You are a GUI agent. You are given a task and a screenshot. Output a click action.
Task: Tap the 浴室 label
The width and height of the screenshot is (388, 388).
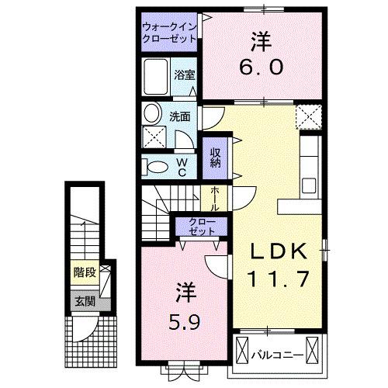(183, 75)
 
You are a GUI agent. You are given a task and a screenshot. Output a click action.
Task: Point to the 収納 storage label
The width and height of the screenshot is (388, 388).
(214, 156)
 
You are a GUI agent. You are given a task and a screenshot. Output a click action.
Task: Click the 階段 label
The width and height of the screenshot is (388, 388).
(84, 272)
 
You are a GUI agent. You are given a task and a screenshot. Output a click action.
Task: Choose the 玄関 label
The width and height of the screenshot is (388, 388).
(84, 301)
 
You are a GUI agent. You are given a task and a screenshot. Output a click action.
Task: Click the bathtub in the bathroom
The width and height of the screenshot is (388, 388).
(155, 77)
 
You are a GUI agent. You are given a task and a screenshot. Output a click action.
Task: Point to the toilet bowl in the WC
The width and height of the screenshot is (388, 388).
(155, 167)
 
